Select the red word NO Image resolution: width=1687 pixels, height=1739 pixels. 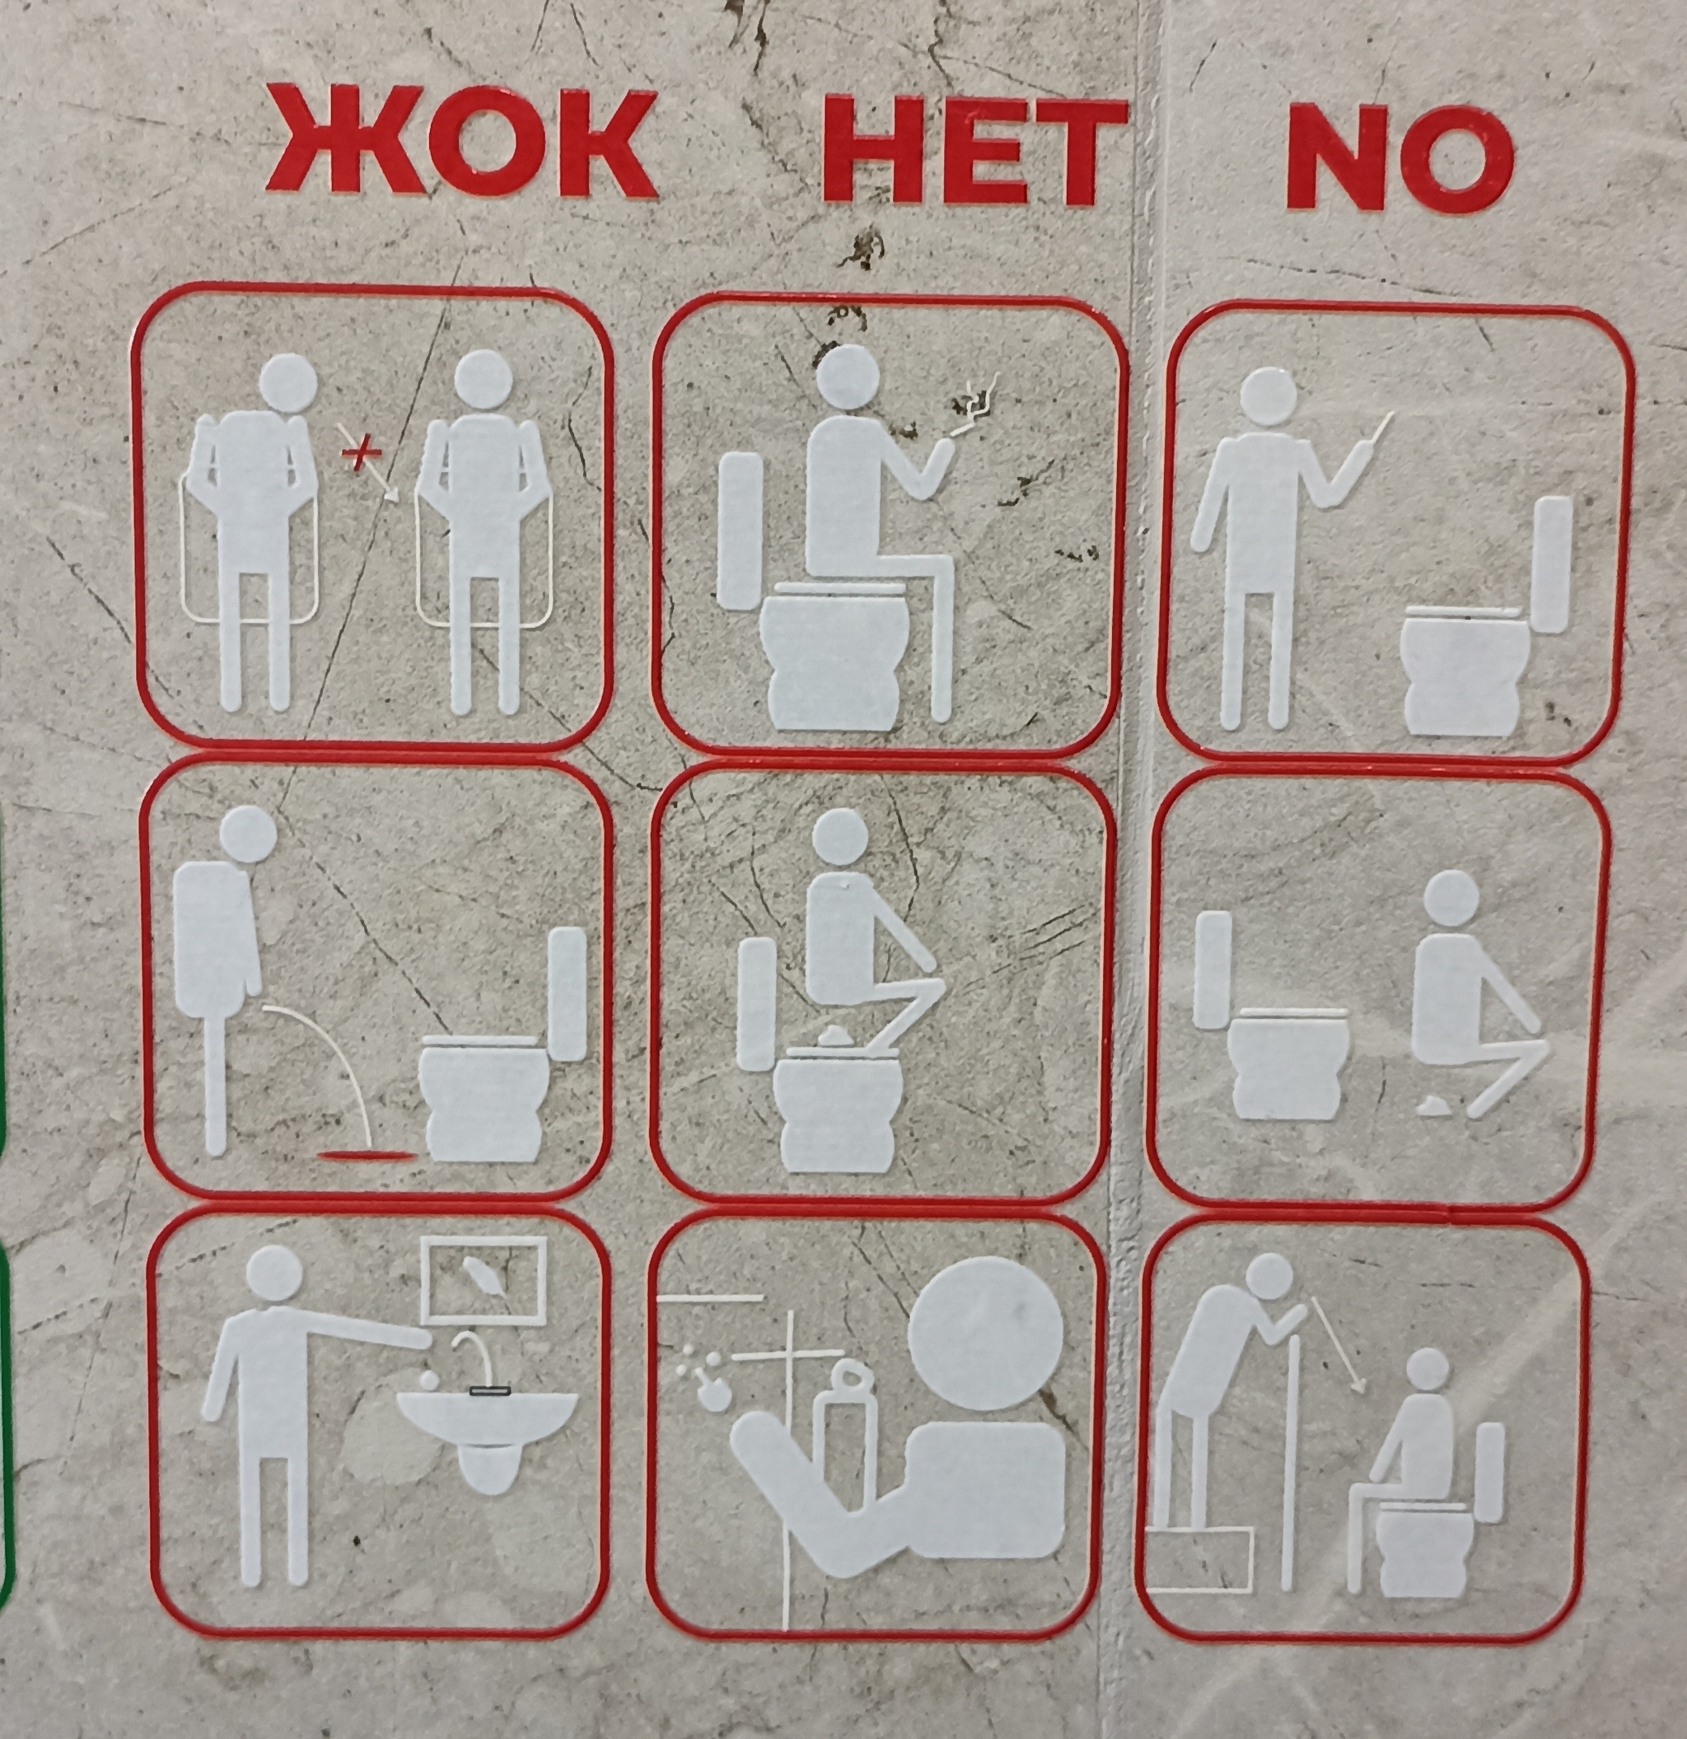[1399, 159]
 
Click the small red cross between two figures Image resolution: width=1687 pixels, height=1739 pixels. [362, 454]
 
